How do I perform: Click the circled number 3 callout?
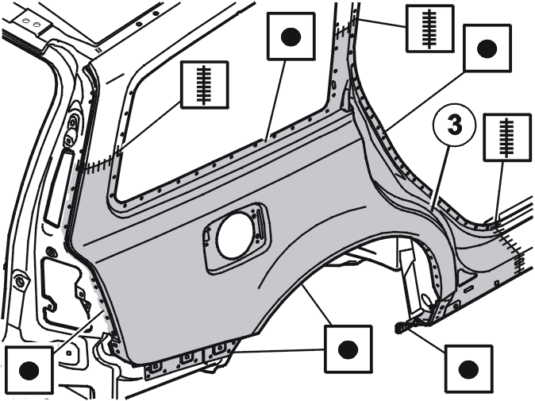point(454,125)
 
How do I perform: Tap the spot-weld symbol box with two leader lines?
point(348,349)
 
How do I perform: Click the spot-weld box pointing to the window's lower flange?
point(291,37)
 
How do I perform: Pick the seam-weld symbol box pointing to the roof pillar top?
point(429,29)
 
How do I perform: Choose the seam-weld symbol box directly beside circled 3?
point(506,137)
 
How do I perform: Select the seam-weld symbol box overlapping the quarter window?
point(204,85)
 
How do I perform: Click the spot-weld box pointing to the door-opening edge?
point(29,370)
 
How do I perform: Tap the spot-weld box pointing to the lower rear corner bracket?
point(468,369)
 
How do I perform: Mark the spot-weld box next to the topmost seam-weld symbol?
point(487,48)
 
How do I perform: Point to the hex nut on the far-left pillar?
point(20,280)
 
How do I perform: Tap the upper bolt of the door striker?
point(73,121)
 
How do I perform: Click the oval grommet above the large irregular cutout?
point(51,252)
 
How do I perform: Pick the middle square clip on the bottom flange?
point(187,357)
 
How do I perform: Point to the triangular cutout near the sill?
point(464,276)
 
